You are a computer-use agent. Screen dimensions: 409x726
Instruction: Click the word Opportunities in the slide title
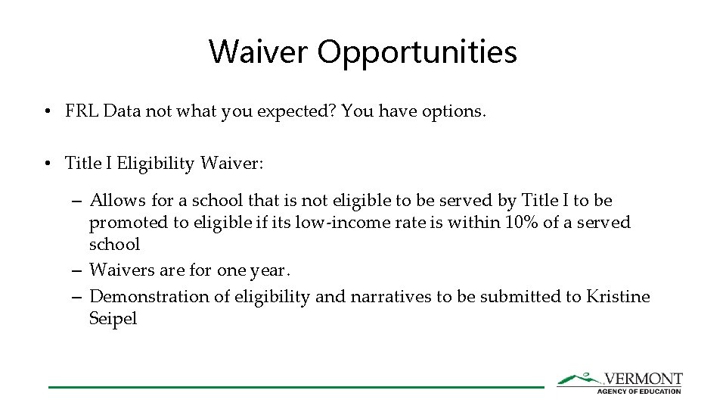[417, 52]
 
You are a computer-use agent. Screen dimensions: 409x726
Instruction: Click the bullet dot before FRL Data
[47, 112]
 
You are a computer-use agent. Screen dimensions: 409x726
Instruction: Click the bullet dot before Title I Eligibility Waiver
[47, 164]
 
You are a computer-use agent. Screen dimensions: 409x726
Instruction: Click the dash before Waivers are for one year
[78, 270]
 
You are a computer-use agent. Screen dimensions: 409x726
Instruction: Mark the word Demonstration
[148, 296]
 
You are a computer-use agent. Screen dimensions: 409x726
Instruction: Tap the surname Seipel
[113, 318]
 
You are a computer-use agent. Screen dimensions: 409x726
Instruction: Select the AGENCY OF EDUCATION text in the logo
[639, 391]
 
